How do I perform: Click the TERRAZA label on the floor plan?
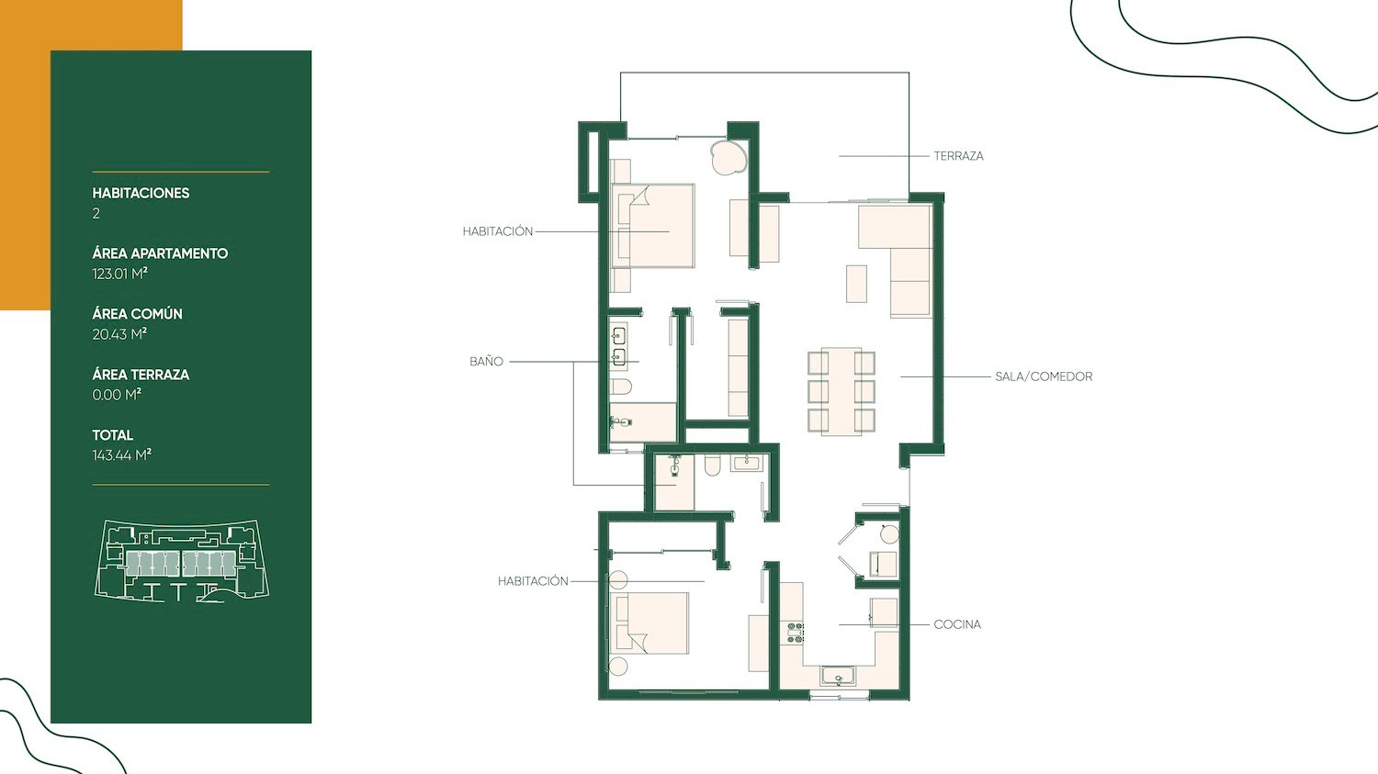tap(958, 156)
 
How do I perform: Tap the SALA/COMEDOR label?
tap(1044, 376)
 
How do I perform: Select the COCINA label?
tap(957, 624)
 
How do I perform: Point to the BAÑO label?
tap(486, 362)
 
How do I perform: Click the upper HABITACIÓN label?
tap(498, 231)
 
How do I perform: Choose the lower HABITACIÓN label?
tap(534, 581)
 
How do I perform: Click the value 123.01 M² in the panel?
tap(120, 274)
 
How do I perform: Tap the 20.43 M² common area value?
tap(119, 334)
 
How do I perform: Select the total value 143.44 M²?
tap(122, 454)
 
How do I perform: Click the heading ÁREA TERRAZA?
tap(141, 375)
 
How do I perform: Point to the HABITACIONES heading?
tap(141, 193)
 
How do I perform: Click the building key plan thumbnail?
tap(182, 561)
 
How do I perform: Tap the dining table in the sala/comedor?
tap(841, 392)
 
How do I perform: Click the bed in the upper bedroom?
tap(652, 226)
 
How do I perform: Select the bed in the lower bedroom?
tap(649, 623)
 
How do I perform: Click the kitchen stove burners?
tap(796, 633)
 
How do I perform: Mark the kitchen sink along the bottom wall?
tap(838, 677)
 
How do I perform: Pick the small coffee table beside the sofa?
tap(856, 284)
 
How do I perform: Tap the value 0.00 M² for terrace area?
tap(117, 395)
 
